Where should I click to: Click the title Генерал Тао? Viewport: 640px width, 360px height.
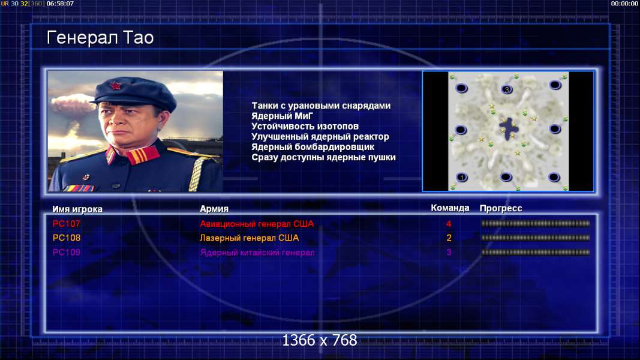pos(100,38)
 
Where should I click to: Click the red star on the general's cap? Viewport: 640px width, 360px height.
pos(115,86)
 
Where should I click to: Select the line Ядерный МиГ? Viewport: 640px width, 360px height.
pos(282,116)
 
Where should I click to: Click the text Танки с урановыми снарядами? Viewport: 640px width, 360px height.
pos(321,106)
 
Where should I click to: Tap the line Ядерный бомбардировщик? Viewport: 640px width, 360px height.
pos(313,147)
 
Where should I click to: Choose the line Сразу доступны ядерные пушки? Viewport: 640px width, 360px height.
pos(323,157)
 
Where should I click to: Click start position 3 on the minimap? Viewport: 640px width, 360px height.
pos(506,89)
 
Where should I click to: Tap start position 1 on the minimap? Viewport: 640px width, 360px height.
pos(462,178)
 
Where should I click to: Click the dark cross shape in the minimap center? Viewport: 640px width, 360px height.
pos(509,128)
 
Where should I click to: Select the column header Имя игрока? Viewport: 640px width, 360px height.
pos(77,209)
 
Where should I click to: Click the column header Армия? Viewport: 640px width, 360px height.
pos(214,209)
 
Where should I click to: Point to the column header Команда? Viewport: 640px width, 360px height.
pos(450,208)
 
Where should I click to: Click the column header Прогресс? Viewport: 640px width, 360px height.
pos(501,208)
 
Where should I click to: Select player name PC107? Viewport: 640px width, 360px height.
pos(67,224)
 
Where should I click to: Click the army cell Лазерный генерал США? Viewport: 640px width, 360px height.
pos(249,238)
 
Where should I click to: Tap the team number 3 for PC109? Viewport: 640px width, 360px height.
pos(449,252)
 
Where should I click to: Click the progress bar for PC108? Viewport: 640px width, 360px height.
pos(536,238)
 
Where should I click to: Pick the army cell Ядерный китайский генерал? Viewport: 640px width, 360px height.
pos(257,252)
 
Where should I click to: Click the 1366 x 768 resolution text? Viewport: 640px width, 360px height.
pos(320,340)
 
